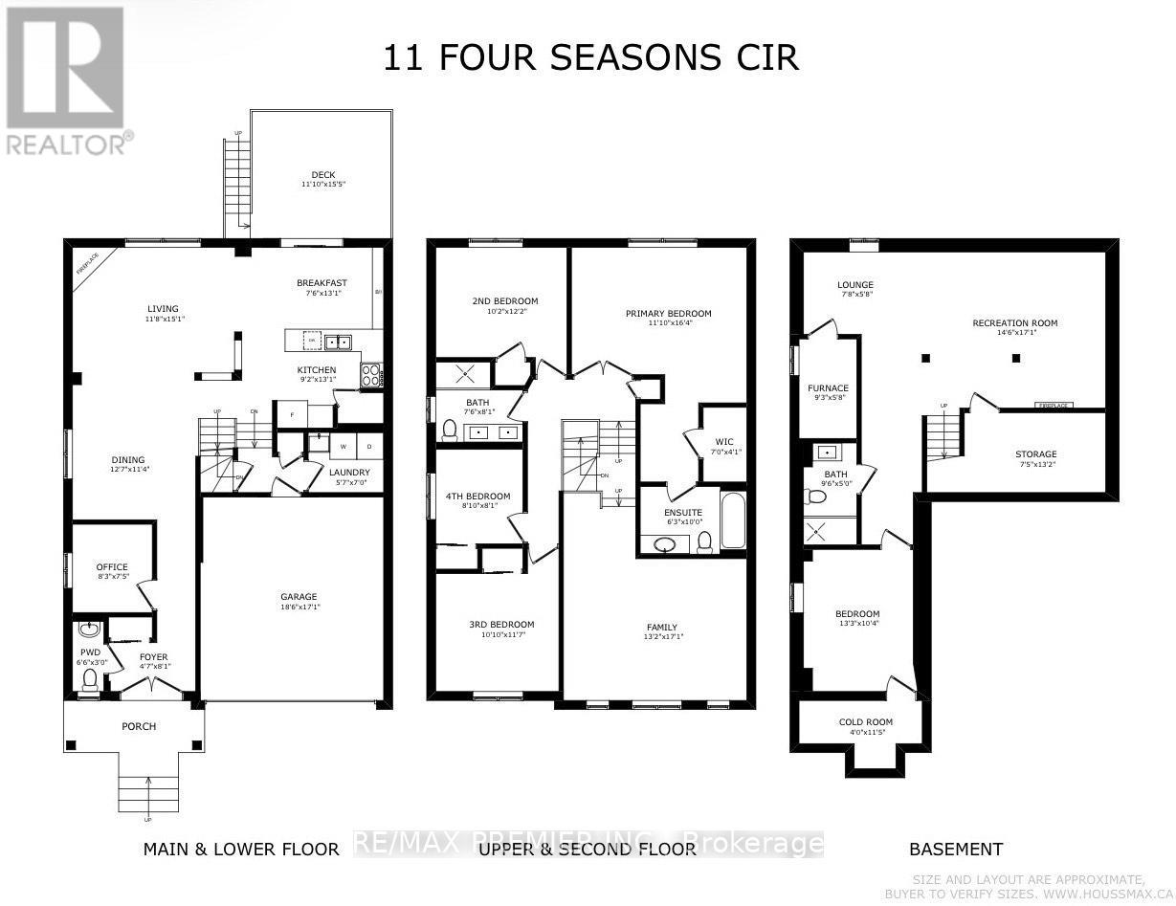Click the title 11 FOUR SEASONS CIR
[x=590, y=57]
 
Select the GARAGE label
[x=298, y=597]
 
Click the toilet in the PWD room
[x=90, y=678]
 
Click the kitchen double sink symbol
[x=336, y=342]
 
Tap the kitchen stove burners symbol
[x=369, y=376]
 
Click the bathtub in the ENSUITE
[x=732, y=520]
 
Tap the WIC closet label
[x=722, y=442]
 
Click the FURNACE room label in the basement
[x=828, y=388]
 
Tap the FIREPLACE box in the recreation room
[x=1054, y=406]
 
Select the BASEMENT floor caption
[x=955, y=849]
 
